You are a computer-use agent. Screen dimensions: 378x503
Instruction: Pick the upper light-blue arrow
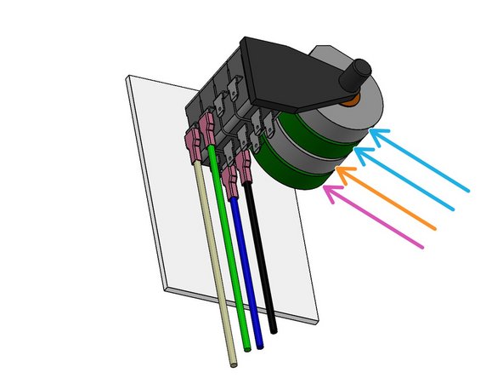click(421, 157)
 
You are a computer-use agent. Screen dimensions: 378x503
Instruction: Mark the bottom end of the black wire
click(274, 329)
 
